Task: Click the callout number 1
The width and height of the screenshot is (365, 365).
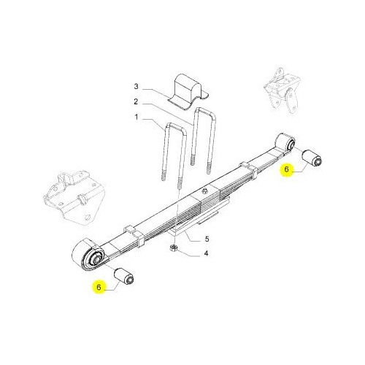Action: coord(137,118)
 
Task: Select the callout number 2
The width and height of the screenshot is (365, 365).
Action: coord(136,101)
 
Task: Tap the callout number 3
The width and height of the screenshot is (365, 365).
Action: coord(136,86)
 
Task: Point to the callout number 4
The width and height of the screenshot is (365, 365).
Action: coord(206,253)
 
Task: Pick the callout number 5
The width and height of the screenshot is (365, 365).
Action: coord(207,239)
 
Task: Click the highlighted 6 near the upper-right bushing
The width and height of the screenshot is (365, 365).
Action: coord(287,169)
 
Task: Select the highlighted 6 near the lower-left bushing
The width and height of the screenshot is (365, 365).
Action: coord(99,287)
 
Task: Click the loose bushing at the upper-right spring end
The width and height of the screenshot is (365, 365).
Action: coord(312,158)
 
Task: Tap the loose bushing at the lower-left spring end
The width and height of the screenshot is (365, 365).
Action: coord(124,276)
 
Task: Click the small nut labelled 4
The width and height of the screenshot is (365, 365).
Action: coord(173,248)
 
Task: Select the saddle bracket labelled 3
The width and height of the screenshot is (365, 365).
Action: coord(188,92)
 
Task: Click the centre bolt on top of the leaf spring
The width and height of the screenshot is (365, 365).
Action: coord(205,191)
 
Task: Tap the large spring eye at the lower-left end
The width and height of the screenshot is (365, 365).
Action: coord(88,255)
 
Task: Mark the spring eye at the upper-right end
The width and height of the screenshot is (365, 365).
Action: coord(285,142)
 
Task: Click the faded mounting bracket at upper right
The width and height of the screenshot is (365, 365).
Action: coord(283,91)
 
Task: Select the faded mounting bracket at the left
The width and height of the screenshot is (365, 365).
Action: coord(73,197)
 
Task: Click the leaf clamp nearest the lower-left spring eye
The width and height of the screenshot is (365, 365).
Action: coord(135,235)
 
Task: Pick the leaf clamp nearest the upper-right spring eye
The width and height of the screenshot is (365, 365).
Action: coord(248,170)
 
